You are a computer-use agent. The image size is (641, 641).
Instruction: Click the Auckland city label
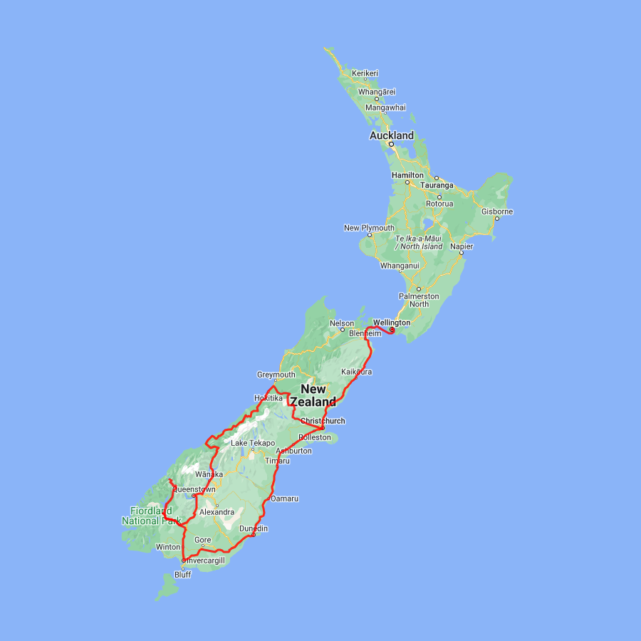pyautogui.click(x=391, y=135)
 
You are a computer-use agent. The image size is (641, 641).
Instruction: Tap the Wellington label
pyautogui.click(x=392, y=323)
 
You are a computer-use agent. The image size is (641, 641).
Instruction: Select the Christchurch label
pyautogui.click(x=323, y=421)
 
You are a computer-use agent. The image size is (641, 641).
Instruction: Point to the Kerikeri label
pyautogui.click(x=365, y=73)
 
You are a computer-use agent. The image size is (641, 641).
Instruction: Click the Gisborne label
pyautogui.click(x=497, y=212)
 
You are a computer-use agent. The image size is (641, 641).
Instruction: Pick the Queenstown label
pyautogui.click(x=194, y=489)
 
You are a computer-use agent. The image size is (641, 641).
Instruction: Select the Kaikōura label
pyautogui.click(x=356, y=372)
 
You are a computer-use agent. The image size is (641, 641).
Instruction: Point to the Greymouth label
pyautogui.click(x=276, y=375)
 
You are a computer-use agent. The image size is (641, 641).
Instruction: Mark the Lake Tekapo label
pyautogui.click(x=253, y=443)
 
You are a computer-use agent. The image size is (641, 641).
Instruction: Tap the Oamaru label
pyautogui.click(x=284, y=499)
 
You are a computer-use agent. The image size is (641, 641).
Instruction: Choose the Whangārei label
pyautogui.click(x=377, y=92)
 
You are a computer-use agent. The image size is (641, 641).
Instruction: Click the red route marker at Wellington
pyautogui.click(x=392, y=329)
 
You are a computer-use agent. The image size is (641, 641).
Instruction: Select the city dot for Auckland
pyautogui.click(x=391, y=144)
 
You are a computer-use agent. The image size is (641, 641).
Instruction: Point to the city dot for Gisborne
pyautogui.click(x=496, y=219)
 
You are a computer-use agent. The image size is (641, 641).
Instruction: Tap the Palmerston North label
pyautogui.click(x=419, y=300)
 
